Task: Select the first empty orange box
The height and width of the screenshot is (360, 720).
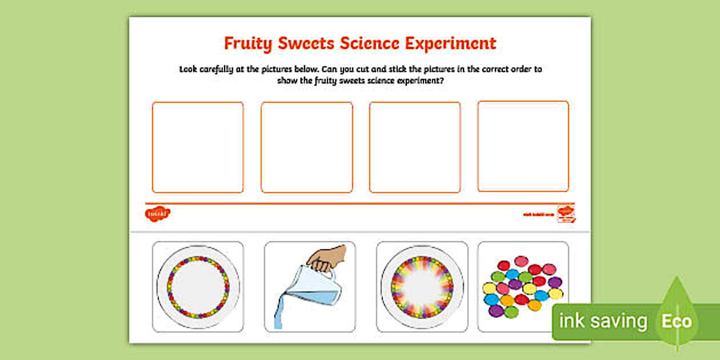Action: click(198, 147)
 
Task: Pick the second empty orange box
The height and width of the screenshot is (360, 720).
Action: click(306, 147)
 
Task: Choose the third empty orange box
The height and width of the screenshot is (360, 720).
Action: click(415, 147)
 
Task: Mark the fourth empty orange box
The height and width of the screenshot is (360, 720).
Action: click(523, 146)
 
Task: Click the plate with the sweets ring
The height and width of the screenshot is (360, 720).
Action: click(198, 286)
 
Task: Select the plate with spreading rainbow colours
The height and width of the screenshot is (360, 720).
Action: click(422, 286)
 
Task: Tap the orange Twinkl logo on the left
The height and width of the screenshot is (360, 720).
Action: click(158, 214)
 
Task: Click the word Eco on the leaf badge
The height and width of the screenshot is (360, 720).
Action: click(677, 321)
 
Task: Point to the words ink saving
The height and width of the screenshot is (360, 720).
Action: click(603, 322)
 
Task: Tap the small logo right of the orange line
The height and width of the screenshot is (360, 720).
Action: click(566, 213)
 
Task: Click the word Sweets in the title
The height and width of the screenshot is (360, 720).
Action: click(310, 44)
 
